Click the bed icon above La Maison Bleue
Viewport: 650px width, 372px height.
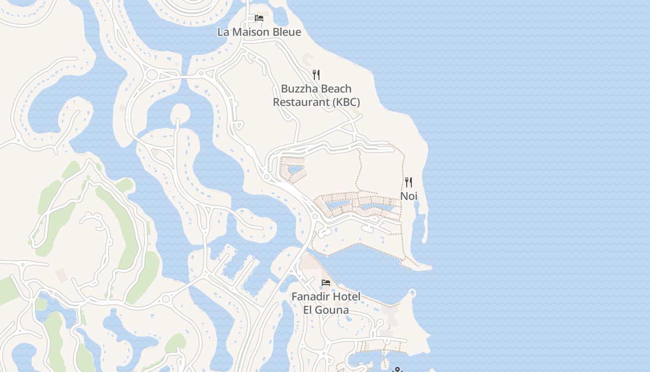pos(259,18)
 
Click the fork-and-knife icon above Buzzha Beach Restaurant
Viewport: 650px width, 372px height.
pos(316,74)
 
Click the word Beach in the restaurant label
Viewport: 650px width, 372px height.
pos(336,89)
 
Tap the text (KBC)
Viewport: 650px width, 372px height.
pos(346,102)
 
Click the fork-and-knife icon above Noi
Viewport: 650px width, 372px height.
pos(409,182)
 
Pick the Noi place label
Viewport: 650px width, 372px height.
pos(409,196)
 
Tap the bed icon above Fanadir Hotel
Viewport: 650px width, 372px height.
pos(326,282)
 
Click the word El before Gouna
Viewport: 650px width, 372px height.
pos(309,310)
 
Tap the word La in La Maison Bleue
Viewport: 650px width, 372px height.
pos(223,32)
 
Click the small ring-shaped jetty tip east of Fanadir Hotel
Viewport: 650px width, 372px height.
pos(412,293)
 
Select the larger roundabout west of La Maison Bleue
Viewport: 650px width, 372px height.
pos(152,74)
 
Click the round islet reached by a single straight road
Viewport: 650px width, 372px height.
pos(180,112)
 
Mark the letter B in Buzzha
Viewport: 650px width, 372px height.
pos(285,89)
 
